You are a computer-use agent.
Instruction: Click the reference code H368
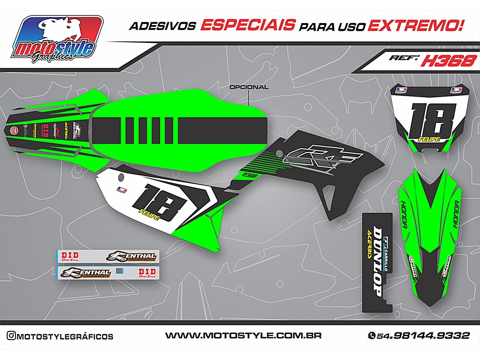click(448, 61)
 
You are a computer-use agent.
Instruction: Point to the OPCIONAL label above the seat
click(249, 87)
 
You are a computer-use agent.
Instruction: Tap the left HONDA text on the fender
click(403, 215)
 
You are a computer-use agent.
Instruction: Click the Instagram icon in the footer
click(11, 336)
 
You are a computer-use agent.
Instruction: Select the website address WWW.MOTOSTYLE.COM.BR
click(243, 335)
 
